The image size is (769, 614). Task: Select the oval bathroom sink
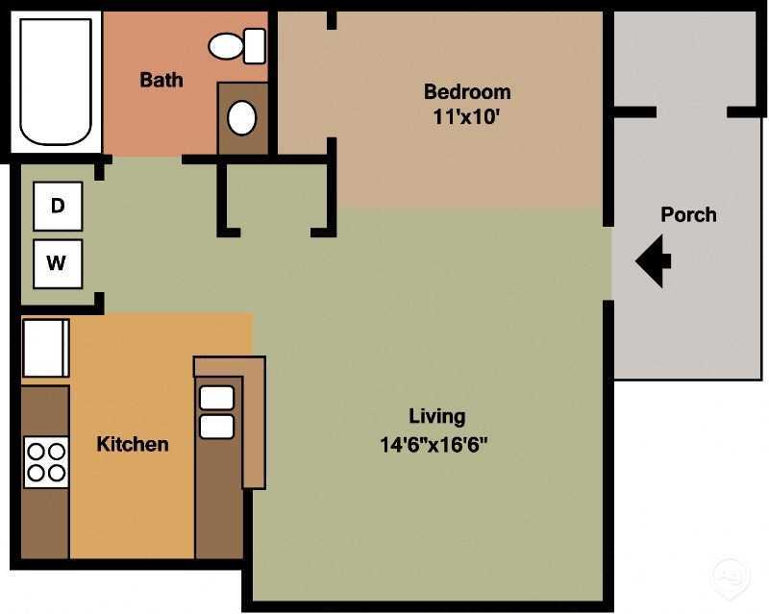pyautogui.click(x=241, y=117)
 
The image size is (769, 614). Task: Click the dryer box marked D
pyautogui.click(x=58, y=206)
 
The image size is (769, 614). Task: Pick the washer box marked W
pyautogui.click(x=58, y=263)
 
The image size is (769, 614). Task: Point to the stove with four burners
pyautogui.click(x=46, y=461)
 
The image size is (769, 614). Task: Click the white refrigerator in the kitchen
pyautogui.click(x=45, y=348)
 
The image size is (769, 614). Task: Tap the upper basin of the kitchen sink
pyautogui.click(x=216, y=398)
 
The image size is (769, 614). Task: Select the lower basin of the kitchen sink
pyautogui.click(x=216, y=426)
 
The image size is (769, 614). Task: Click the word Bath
pyautogui.click(x=161, y=80)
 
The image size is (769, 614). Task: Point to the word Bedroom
pyautogui.click(x=467, y=92)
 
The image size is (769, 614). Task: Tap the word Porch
pyautogui.click(x=688, y=214)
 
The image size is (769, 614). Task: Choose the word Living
pyautogui.click(x=436, y=416)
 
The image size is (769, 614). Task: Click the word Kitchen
pyautogui.click(x=133, y=444)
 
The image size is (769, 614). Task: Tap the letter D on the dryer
pyautogui.click(x=58, y=206)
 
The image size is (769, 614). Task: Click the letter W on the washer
pyautogui.click(x=58, y=263)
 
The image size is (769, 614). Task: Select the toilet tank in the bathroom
pyautogui.click(x=255, y=45)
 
